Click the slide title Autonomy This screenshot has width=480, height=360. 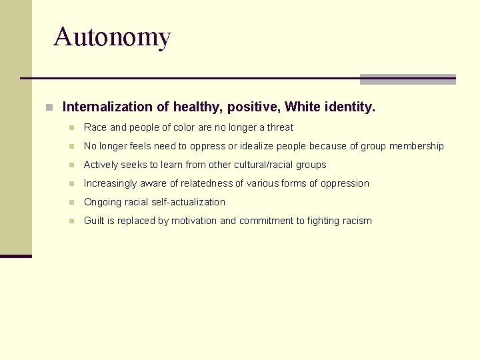(x=112, y=37)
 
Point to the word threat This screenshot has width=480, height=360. (x=280, y=127)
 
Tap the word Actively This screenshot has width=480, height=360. (x=101, y=165)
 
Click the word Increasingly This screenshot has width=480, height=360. (x=109, y=183)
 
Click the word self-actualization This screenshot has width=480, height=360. (x=189, y=202)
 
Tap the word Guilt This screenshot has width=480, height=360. (x=95, y=221)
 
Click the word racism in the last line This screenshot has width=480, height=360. (x=357, y=221)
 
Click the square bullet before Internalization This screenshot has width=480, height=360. (x=49, y=107)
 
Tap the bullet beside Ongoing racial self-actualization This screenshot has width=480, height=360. (x=71, y=202)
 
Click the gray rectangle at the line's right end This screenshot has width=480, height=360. (x=407, y=79)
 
